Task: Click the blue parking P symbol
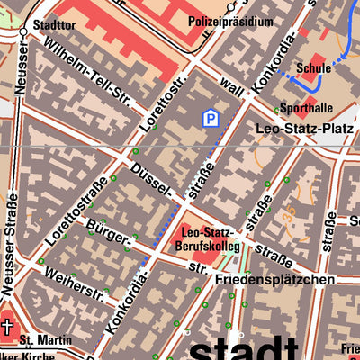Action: click(x=210, y=118)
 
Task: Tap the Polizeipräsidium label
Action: click(x=230, y=21)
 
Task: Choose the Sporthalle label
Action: click(x=299, y=107)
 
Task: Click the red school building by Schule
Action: click(x=311, y=77)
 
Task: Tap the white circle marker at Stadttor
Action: click(x=22, y=31)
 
